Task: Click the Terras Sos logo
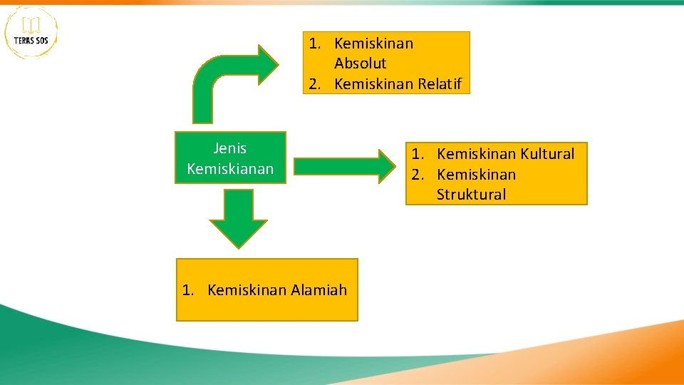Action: coord(31,32)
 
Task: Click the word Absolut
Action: coord(361,63)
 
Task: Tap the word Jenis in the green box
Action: coord(230,148)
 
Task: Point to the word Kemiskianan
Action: coord(230,169)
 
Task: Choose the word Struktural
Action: coord(471,195)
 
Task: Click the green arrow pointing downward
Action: coord(238,217)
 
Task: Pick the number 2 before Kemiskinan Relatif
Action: coord(314,84)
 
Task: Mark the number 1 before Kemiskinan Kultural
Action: coord(417,154)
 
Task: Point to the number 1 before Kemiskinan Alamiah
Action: coord(187,290)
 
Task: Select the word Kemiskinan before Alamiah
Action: coord(247,290)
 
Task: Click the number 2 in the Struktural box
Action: coord(417,175)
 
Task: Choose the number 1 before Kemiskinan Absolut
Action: coord(314,43)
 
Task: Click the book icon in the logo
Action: coord(31,26)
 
